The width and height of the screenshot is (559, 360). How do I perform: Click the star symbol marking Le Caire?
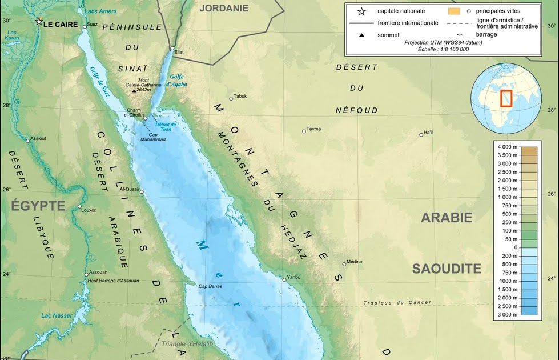pos(39,21)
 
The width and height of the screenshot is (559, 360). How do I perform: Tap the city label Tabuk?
pos(240,96)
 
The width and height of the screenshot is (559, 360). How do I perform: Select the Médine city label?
pos(354,262)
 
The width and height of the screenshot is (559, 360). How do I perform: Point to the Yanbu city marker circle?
pos(284,279)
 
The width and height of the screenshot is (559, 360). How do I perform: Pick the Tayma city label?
pos(313,129)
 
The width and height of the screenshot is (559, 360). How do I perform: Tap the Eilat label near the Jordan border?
pos(179,53)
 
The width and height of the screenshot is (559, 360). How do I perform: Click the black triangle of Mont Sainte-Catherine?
pos(134,90)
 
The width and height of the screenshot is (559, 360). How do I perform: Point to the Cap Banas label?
pos(210,286)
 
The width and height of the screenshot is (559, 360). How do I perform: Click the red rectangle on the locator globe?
pos(506,98)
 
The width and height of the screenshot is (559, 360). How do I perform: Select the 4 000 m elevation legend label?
pos(507,147)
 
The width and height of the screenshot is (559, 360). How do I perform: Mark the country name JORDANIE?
pos(224,8)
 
